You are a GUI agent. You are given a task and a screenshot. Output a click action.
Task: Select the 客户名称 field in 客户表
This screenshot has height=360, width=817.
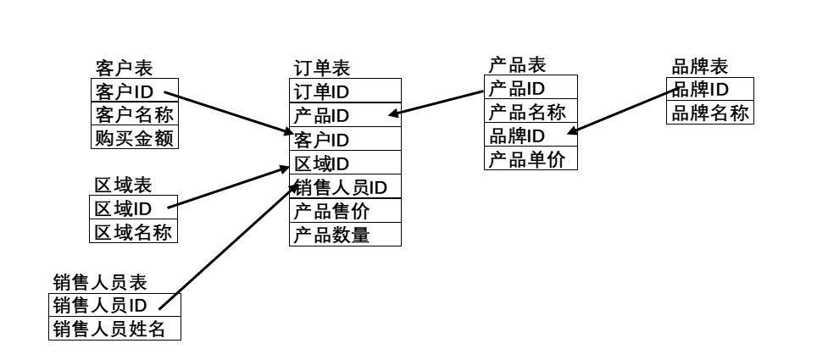pyautogui.click(x=134, y=114)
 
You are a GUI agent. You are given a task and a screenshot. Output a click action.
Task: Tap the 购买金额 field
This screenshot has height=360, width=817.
pyautogui.click(x=134, y=137)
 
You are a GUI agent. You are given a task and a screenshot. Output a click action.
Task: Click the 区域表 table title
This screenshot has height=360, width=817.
pyautogui.click(x=123, y=186)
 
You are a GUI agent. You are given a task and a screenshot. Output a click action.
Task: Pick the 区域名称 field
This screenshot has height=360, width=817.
pyautogui.click(x=134, y=231)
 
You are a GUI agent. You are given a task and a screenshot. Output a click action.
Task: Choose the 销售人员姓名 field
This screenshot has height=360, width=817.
pyautogui.click(x=115, y=328)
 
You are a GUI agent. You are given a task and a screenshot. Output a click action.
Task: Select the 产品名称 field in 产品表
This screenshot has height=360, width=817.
pyautogui.click(x=531, y=112)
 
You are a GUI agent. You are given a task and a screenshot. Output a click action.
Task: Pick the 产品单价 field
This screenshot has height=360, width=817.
pyautogui.click(x=531, y=158)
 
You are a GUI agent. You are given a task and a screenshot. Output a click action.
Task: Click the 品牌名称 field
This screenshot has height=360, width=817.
pyautogui.click(x=709, y=113)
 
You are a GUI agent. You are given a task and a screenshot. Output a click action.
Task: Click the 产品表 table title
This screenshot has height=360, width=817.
pyautogui.click(x=517, y=64)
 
